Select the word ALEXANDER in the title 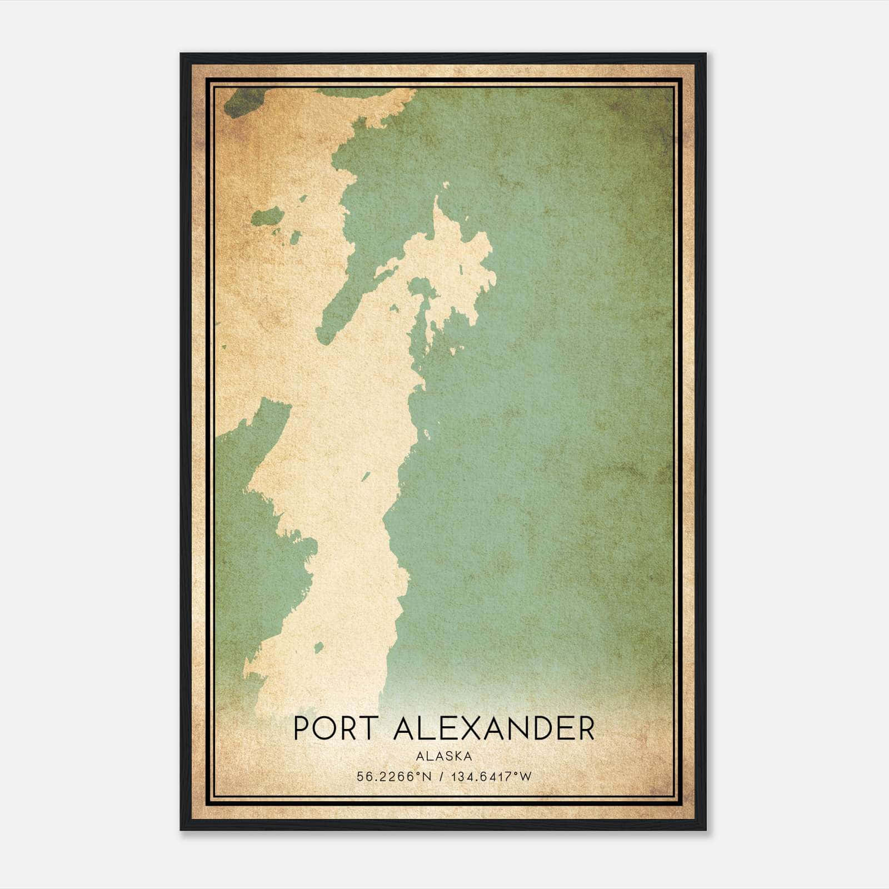[x=494, y=728]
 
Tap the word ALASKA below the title [x=443, y=756]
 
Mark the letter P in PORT [x=300, y=728]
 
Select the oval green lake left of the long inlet [x=267, y=217]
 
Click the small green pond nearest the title [x=319, y=647]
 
